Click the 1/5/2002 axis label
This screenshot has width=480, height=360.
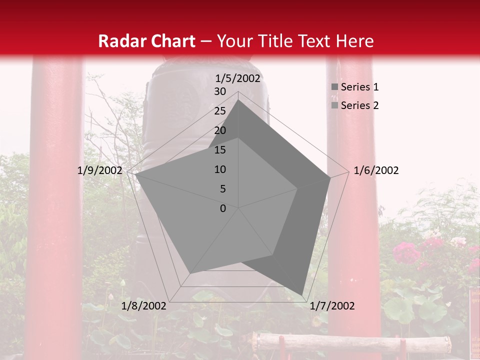tap(238, 78)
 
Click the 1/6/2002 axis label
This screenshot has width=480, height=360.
tap(376, 170)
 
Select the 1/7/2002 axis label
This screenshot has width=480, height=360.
tap(332, 306)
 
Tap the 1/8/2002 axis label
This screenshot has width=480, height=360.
tap(143, 306)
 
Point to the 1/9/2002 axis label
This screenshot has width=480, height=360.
tap(99, 170)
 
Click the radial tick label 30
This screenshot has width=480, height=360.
tap(220, 91)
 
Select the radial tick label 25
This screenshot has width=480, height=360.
tap(220, 111)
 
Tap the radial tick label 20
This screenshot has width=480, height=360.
tap(220, 130)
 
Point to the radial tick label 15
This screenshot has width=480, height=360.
tap(220, 150)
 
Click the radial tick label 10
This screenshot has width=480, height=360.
tap(220, 169)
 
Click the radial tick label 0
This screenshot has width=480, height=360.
tap(223, 208)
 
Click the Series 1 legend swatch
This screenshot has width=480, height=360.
tap(334, 87)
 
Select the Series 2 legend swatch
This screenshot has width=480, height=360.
tap(334, 105)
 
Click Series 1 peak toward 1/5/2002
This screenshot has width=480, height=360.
tap(238, 100)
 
